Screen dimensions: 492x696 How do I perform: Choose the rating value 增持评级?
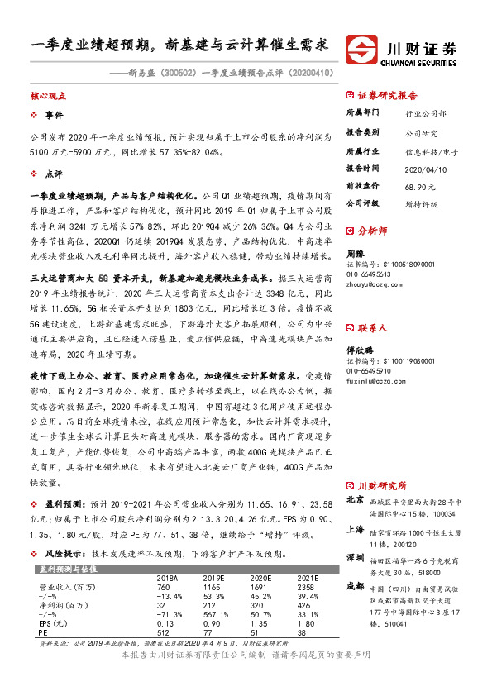click(x=422, y=203)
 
